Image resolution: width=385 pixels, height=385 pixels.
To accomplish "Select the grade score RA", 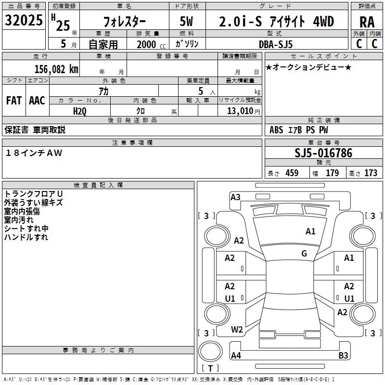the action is click(x=367, y=22).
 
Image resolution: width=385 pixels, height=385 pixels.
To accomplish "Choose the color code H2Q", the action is click(x=80, y=111).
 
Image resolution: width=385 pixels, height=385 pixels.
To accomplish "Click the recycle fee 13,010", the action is click(x=239, y=111).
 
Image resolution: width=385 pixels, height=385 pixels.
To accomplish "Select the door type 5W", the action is click(x=188, y=22).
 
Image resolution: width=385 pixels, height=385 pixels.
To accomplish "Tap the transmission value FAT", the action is click(x=13, y=101).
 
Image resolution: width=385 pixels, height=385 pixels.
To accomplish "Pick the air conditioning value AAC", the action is click(x=37, y=101).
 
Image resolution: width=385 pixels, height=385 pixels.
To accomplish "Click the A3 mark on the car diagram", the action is click(x=235, y=197).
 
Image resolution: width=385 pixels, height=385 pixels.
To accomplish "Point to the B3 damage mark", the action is click(x=343, y=356).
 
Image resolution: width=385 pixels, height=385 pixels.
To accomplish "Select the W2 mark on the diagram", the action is click(x=237, y=330).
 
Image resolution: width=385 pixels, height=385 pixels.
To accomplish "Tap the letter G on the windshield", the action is click(x=304, y=254).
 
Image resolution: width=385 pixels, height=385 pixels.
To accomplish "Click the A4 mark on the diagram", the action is click(x=236, y=356).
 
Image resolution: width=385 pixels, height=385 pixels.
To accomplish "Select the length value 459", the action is click(x=292, y=173).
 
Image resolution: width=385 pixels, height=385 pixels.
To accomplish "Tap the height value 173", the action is click(x=371, y=173).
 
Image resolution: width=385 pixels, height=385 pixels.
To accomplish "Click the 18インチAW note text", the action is click(x=34, y=153).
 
